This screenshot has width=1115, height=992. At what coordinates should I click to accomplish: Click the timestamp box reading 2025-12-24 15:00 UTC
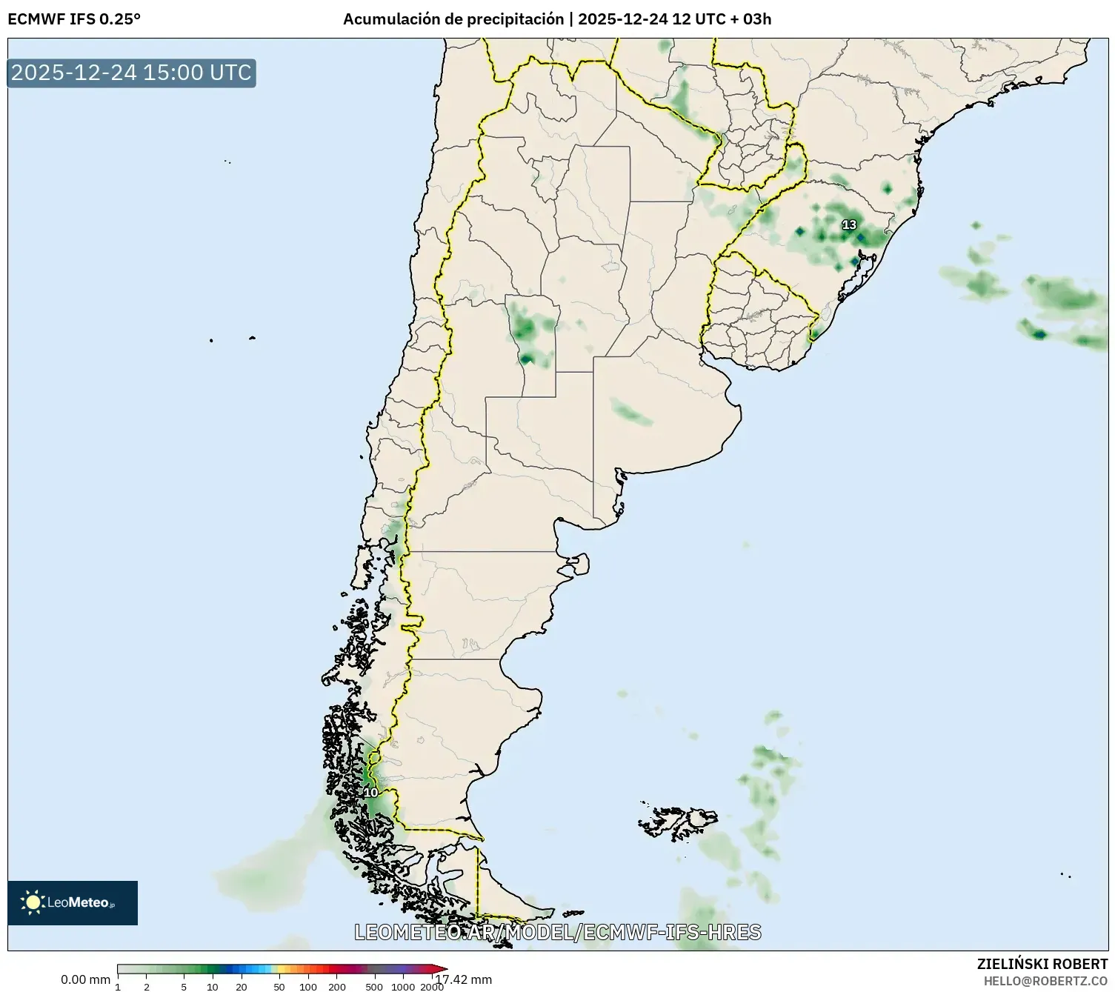click(x=132, y=73)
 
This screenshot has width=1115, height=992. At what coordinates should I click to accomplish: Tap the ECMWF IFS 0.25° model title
click(x=74, y=19)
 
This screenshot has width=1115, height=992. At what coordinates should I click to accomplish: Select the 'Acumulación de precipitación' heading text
click(x=453, y=19)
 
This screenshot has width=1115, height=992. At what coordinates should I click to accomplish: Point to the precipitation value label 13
click(x=849, y=224)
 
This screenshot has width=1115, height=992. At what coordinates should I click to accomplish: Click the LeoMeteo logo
click(x=73, y=902)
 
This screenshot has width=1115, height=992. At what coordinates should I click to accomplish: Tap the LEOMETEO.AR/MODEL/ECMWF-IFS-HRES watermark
click(x=557, y=932)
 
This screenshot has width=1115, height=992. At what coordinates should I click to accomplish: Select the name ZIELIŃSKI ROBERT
click(x=1042, y=964)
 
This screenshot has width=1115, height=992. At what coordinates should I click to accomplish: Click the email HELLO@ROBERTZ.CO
click(x=1045, y=981)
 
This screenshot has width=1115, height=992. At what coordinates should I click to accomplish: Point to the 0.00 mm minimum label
click(x=85, y=979)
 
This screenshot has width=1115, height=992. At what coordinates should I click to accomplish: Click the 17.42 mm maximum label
click(x=464, y=979)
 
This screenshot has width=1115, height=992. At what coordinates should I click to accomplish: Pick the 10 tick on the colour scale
click(x=213, y=987)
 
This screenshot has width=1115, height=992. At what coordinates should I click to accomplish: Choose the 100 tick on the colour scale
click(x=308, y=987)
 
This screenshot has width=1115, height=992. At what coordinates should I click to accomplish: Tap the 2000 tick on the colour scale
click(x=432, y=987)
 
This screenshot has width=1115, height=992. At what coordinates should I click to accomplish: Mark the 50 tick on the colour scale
click(x=279, y=987)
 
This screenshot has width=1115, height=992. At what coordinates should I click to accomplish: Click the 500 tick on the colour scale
click(x=374, y=987)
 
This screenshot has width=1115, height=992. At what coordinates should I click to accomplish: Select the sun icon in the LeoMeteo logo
click(x=33, y=902)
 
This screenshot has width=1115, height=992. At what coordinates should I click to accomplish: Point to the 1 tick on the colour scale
click(x=118, y=987)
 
